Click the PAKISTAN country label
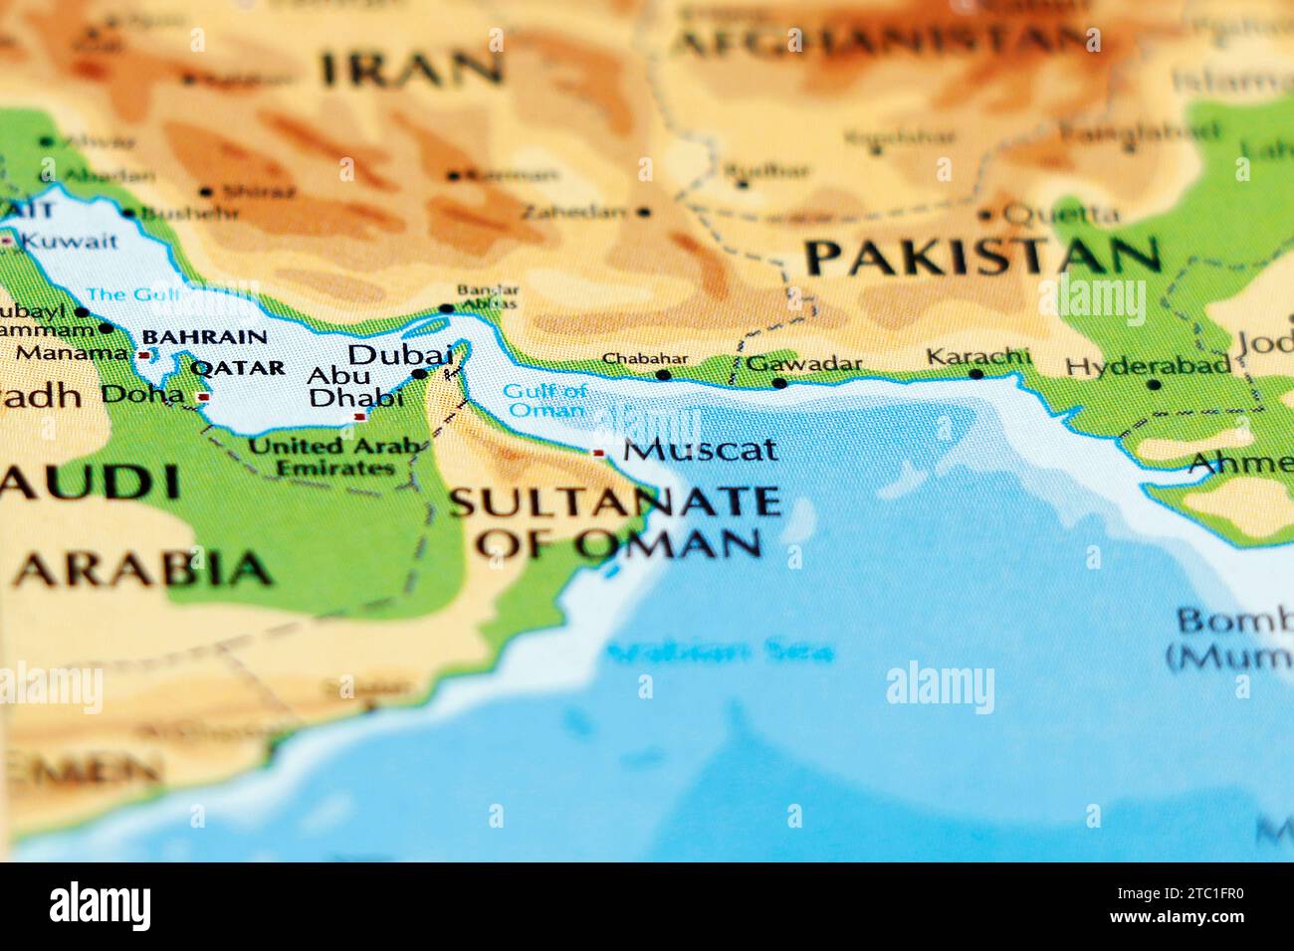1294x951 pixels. pyautogui.click(x=982, y=257)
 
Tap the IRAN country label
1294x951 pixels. pyautogui.click(x=410, y=69)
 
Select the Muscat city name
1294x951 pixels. pyautogui.click(x=700, y=450)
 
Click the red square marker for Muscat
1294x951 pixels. pyautogui.click(x=598, y=453)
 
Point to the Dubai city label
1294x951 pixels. pyautogui.click(x=400, y=354)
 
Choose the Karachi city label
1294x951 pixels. pyautogui.click(x=977, y=356)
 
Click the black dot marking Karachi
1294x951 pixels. pyautogui.click(x=975, y=375)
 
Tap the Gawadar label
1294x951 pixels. pyautogui.click(x=803, y=363)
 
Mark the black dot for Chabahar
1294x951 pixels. pyautogui.click(x=663, y=375)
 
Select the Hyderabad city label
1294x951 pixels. pyautogui.click(x=1148, y=365)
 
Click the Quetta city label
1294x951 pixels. pyautogui.click(x=1061, y=213)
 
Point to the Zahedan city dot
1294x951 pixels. pyautogui.click(x=644, y=212)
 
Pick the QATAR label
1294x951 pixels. pyautogui.click(x=237, y=368)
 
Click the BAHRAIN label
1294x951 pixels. pyautogui.click(x=204, y=337)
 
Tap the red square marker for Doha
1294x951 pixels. pyautogui.click(x=203, y=397)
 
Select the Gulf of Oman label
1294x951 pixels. pyautogui.click(x=543, y=400)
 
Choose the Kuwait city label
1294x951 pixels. pyautogui.click(x=69, y=240)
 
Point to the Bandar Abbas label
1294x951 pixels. pyautogui.click(x=487, y=296)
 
